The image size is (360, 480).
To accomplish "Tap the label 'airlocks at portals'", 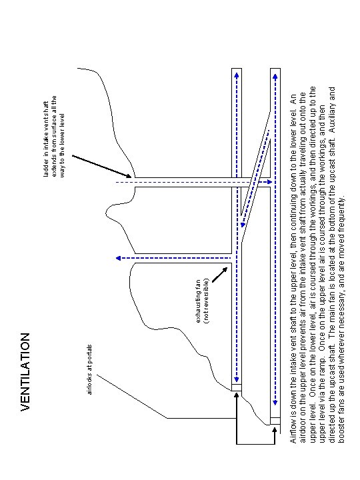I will (91, 369).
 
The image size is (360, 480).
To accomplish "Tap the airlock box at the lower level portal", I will (275, 421).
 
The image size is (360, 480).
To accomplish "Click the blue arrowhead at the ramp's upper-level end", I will (243, 224).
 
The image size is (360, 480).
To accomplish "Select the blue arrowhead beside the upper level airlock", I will (237, 373).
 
